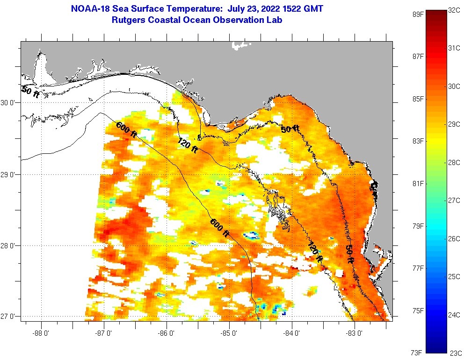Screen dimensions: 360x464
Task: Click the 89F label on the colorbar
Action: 417,14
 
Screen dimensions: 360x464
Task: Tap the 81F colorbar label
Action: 417,183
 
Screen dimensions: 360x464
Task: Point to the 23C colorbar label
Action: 455,353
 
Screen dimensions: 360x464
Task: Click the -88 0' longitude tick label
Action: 41,333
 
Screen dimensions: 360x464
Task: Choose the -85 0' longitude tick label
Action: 229,333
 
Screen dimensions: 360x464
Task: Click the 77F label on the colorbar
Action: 417,268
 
